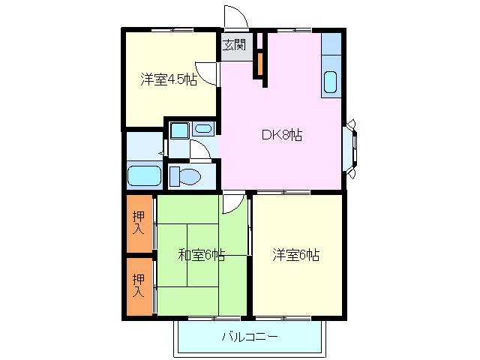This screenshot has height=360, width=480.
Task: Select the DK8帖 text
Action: (x=281, y=136)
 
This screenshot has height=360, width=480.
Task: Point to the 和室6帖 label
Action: (x=201, y=255)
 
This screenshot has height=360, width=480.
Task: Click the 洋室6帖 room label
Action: (x=295, y=255)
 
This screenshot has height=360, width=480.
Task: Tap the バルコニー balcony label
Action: (x=250, y=337)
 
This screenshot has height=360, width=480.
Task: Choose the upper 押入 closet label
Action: (x=139, y=222)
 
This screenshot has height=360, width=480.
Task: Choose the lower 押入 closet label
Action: (x=139, y=285)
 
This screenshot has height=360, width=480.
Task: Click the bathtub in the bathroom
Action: (x=144, y=176)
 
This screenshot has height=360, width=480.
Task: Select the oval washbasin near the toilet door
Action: (x=202, y=129)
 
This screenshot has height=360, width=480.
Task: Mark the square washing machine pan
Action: (x=178, y=130)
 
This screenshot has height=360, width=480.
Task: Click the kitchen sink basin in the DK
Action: (x=331, y=82)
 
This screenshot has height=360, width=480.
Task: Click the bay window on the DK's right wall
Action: (x=350, y=146)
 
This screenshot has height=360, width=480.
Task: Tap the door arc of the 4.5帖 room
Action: (x=211, y=73)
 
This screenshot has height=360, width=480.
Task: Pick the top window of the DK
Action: (x=292, y=30)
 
